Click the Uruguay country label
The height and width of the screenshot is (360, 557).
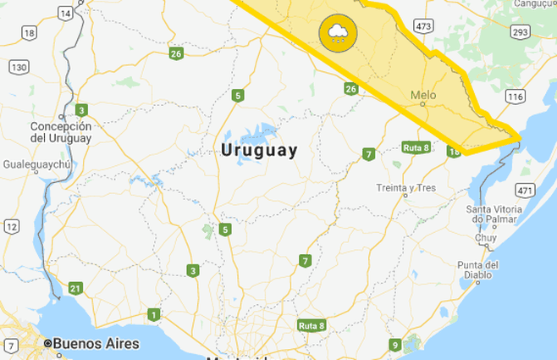[258, 151]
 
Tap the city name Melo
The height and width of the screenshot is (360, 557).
[422, 96]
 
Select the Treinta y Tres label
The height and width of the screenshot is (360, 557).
[405, 187]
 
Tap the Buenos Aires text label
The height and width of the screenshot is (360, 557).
[97, 344]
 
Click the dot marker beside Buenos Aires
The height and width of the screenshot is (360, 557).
[48, 344]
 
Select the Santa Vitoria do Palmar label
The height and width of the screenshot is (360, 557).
[501, 214]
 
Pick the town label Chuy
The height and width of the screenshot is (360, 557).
[486, 238]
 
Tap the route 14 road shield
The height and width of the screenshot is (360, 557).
[65, 13]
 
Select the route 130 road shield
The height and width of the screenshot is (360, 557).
[18, 66]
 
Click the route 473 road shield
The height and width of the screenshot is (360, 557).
[423, 26]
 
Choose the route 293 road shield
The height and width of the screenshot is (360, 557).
[520, 32]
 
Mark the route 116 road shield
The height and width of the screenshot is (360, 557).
[515, 97]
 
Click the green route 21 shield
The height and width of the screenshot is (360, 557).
[75, 288]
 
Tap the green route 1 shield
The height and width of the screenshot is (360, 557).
[153, 315]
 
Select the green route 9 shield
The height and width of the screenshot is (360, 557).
[394, 345]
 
